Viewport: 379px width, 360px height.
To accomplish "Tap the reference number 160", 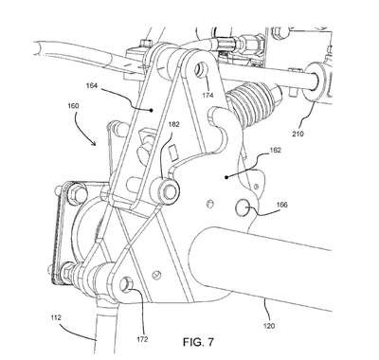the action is [73, 106].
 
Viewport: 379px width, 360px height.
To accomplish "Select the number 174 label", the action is [208, 95].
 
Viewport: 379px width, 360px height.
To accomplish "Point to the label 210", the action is [298, 134].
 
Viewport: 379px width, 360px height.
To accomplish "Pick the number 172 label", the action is [142, 340].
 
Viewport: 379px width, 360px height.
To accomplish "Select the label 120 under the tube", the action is [268, 326].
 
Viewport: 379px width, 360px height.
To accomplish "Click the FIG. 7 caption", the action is [198, 342].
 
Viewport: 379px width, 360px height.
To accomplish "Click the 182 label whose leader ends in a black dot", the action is [275, 151].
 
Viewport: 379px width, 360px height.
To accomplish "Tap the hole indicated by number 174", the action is [201, 68].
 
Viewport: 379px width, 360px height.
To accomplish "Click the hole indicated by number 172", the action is [126, 283].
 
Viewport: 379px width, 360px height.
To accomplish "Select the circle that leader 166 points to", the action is [243, 208].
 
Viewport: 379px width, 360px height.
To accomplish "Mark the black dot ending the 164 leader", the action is [152, 110].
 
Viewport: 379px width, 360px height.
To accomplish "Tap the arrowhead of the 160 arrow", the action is [95, 143].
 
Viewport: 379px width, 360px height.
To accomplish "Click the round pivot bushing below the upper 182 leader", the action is [168, 191].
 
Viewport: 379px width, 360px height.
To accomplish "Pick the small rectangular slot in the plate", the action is [173, 153].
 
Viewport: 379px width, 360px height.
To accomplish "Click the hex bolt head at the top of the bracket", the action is [145, 43].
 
